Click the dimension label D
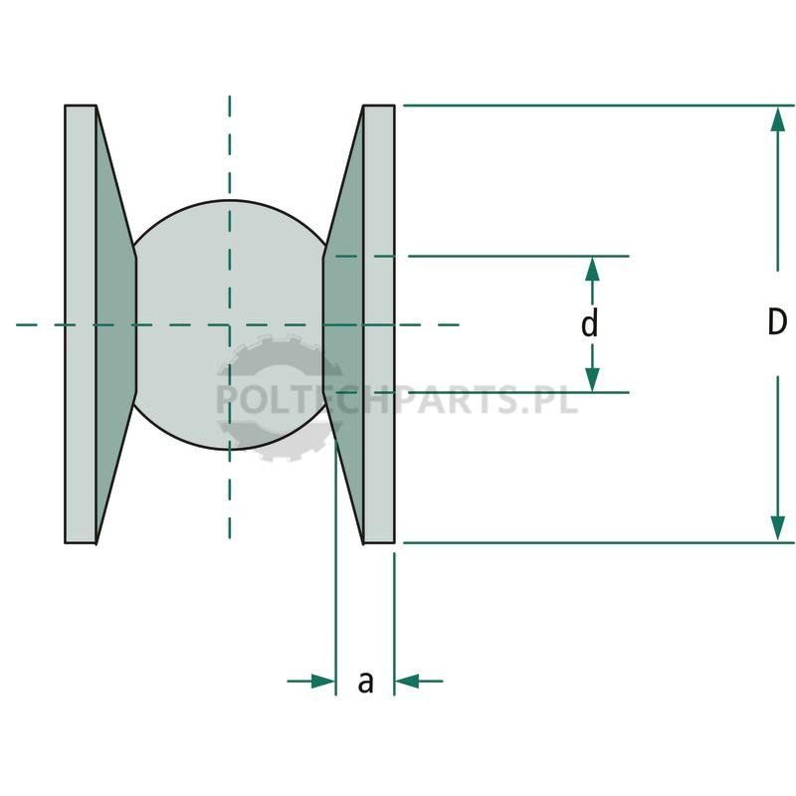pos(777,321)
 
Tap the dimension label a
pos(365,683)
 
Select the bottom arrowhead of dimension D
pos(777,528)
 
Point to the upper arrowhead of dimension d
pos(592,269)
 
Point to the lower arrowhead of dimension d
pos(592,380)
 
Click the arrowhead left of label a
pos(323,681)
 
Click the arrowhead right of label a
pos(407,681)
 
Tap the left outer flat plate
pos(81,324)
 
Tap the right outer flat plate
pos(379,324)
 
